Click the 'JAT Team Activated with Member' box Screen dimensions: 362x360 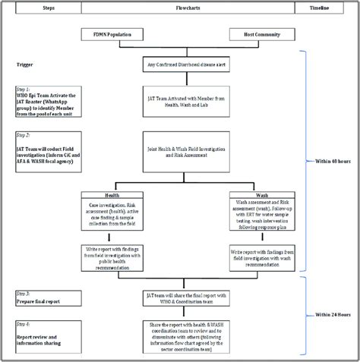[x=185, y=99]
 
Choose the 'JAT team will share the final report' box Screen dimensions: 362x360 [x=185, y=297]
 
